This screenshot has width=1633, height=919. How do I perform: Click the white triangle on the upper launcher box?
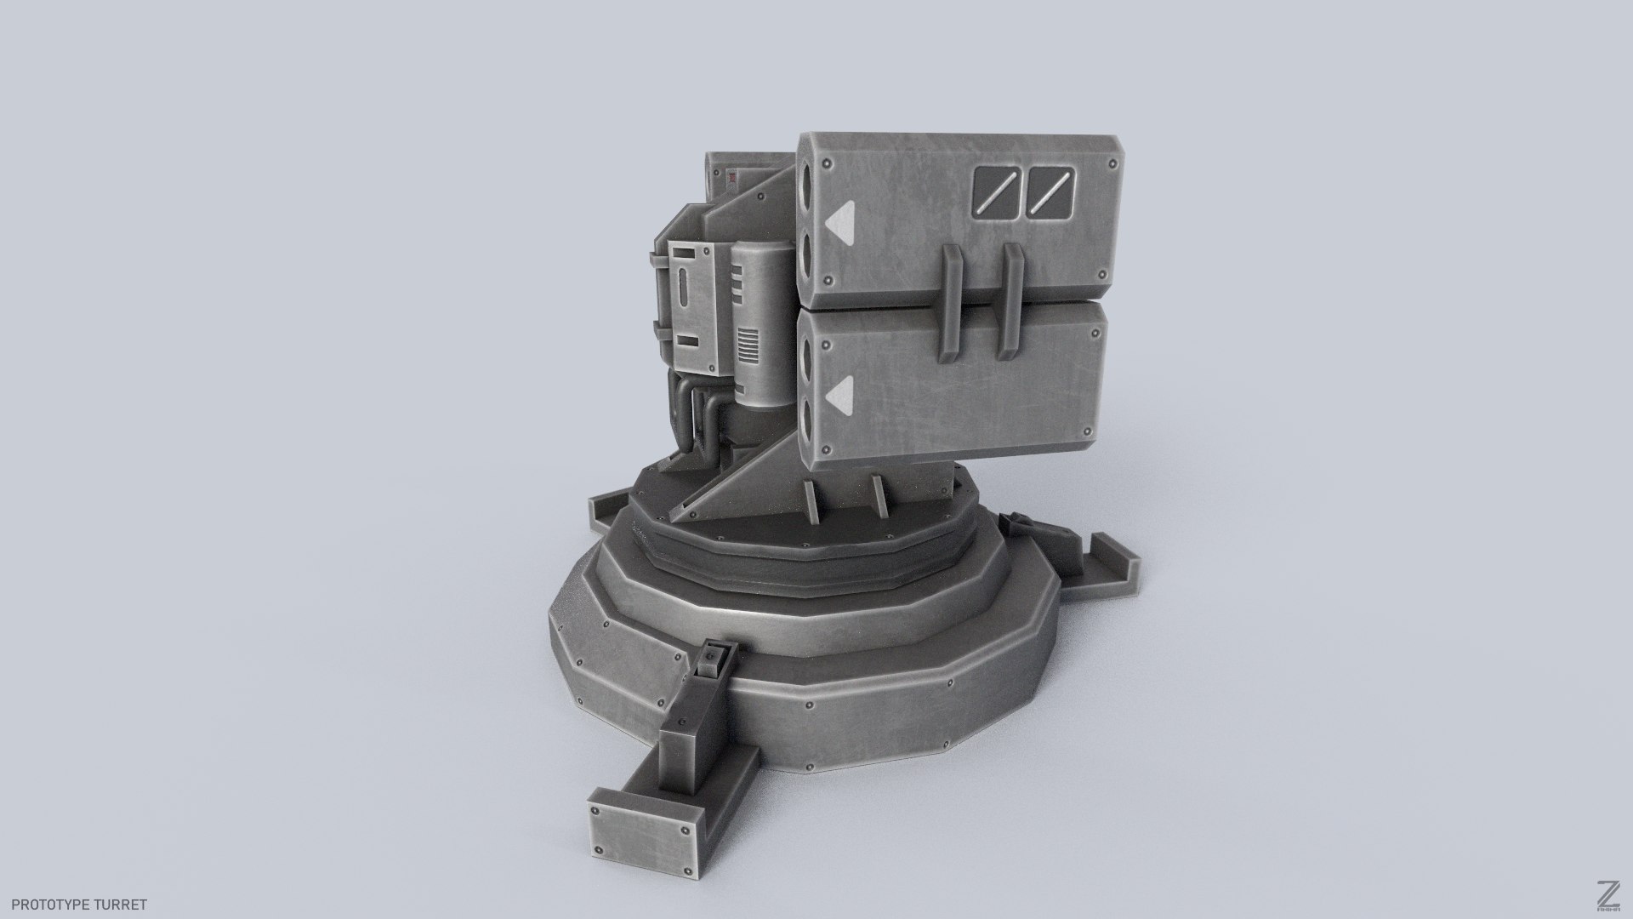[839, 220]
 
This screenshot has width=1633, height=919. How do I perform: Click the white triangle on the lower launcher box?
[839, 392]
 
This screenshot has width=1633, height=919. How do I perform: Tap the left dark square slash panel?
[998, 191]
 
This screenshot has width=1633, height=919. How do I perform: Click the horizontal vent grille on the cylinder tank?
[745, 350]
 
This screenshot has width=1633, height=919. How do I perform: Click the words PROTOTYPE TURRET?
[79, 905]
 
